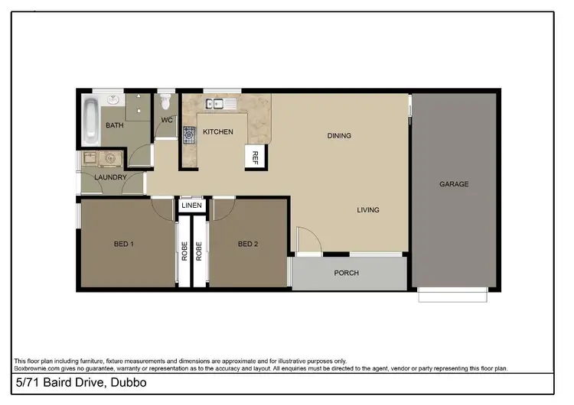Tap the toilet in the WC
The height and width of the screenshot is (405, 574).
point(166,102)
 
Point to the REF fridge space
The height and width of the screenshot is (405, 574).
point(256,158)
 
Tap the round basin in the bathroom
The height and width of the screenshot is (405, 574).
point(114,99)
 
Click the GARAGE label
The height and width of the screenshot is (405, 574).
point(454,184)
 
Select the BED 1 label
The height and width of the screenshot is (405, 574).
point(124,245)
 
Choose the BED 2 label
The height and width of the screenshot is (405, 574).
point(248,245)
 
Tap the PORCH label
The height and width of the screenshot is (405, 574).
point(347,273)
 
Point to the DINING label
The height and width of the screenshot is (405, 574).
point(339,136)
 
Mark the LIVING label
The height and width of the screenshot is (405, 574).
point(367,210)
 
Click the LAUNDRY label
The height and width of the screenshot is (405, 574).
point(110,178)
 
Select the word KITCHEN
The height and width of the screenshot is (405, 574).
point(217,132)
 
